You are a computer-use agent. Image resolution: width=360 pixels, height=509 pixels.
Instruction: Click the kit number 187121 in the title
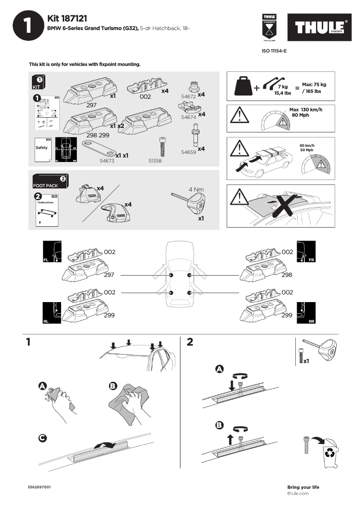[x=74, y=18]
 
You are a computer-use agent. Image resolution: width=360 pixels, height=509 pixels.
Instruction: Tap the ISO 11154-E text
[x=274, y=51]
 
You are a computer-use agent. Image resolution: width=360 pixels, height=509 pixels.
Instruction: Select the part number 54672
[x=188, y=97]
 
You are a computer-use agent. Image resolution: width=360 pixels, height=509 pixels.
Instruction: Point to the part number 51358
[x=154, y=160]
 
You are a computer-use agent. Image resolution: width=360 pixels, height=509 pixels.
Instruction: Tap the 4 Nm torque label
[x=196, y=189]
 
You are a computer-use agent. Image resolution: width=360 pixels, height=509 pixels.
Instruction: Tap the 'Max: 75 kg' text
[x=314, y=84]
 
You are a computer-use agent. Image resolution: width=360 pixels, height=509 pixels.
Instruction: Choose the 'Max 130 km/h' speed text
[x=306, y=110]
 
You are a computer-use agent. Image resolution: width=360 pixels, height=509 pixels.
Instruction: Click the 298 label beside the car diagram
[x=287, y=275]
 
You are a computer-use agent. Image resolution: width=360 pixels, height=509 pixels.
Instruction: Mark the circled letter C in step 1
[x=42, y=438]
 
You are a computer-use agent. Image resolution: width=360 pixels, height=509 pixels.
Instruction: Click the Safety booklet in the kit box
[x=42, y=149]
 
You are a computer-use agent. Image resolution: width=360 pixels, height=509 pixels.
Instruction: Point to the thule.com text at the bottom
[x=298, y=493]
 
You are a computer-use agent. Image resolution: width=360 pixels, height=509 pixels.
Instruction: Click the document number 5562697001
[x=39, y=487]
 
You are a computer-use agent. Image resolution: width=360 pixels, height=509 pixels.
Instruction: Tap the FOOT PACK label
[x=45, y=185]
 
